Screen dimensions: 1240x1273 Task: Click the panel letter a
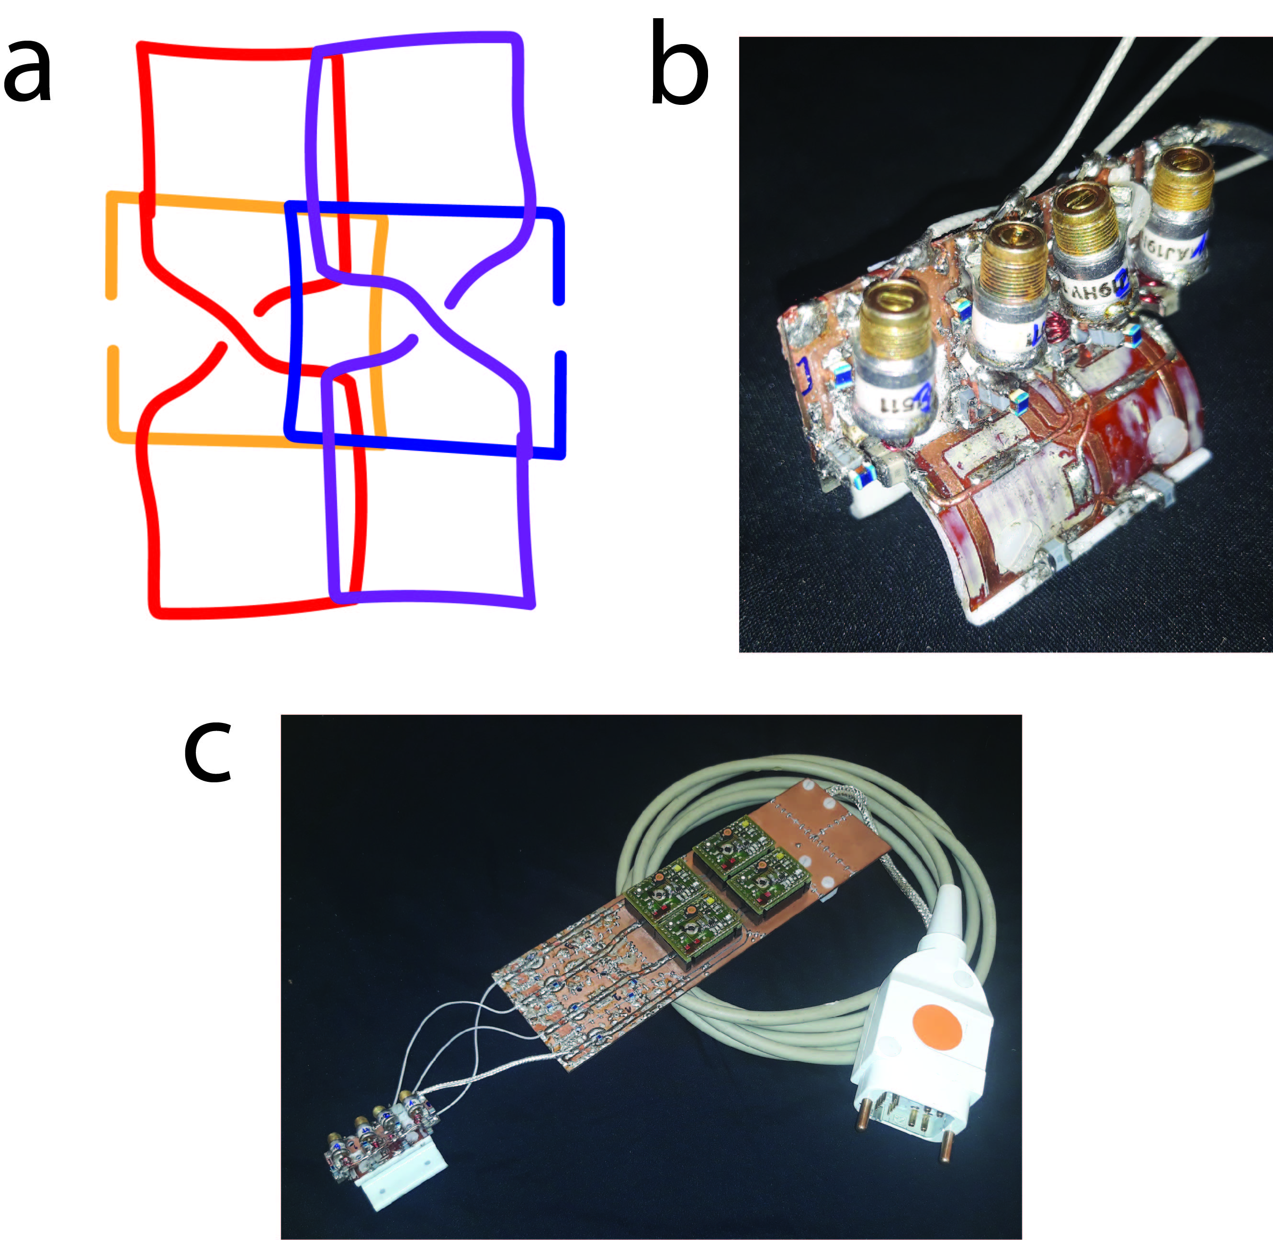27,72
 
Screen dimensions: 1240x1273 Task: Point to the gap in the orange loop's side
112,322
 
